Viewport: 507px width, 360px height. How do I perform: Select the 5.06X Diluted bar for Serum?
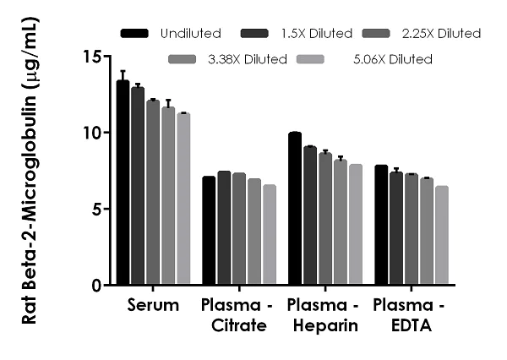click(x=183, y=199)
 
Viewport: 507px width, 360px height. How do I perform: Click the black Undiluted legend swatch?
click(x=134, y=34)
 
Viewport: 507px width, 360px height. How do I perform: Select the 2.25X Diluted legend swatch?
click(x=375, y=34)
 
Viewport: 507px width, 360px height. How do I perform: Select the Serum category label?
click(x=153, y=305)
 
